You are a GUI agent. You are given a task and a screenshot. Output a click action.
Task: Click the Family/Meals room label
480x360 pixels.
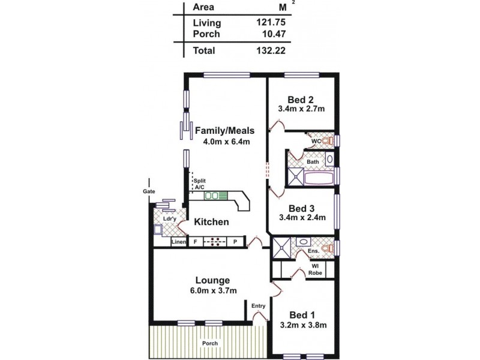click(225, 130)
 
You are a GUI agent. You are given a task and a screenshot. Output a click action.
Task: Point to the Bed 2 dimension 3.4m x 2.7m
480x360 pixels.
click(301, 109)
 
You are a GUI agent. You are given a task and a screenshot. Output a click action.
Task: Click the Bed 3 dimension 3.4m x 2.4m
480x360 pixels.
click(301, 218)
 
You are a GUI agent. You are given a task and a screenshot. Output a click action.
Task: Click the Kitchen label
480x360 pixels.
click(211, 222)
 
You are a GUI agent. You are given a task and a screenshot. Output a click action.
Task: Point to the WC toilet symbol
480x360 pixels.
click(328, 141)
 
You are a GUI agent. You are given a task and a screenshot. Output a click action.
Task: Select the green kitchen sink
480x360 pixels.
click(212, 196)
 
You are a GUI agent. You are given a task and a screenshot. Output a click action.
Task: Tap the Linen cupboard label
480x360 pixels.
click(179, 242)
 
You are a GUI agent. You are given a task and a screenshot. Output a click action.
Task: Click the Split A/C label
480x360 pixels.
click(199, 184)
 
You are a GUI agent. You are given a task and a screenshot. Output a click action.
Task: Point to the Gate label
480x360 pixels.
click(149, 191)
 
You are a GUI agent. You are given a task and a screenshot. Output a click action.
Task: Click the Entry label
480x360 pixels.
click(259, 307)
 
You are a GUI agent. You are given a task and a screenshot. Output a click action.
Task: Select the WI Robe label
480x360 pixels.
click(315, 269)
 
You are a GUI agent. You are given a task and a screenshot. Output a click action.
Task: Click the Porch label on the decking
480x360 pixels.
click(210, 343)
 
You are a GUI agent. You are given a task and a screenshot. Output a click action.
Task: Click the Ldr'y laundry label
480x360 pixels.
click(170, 219)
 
